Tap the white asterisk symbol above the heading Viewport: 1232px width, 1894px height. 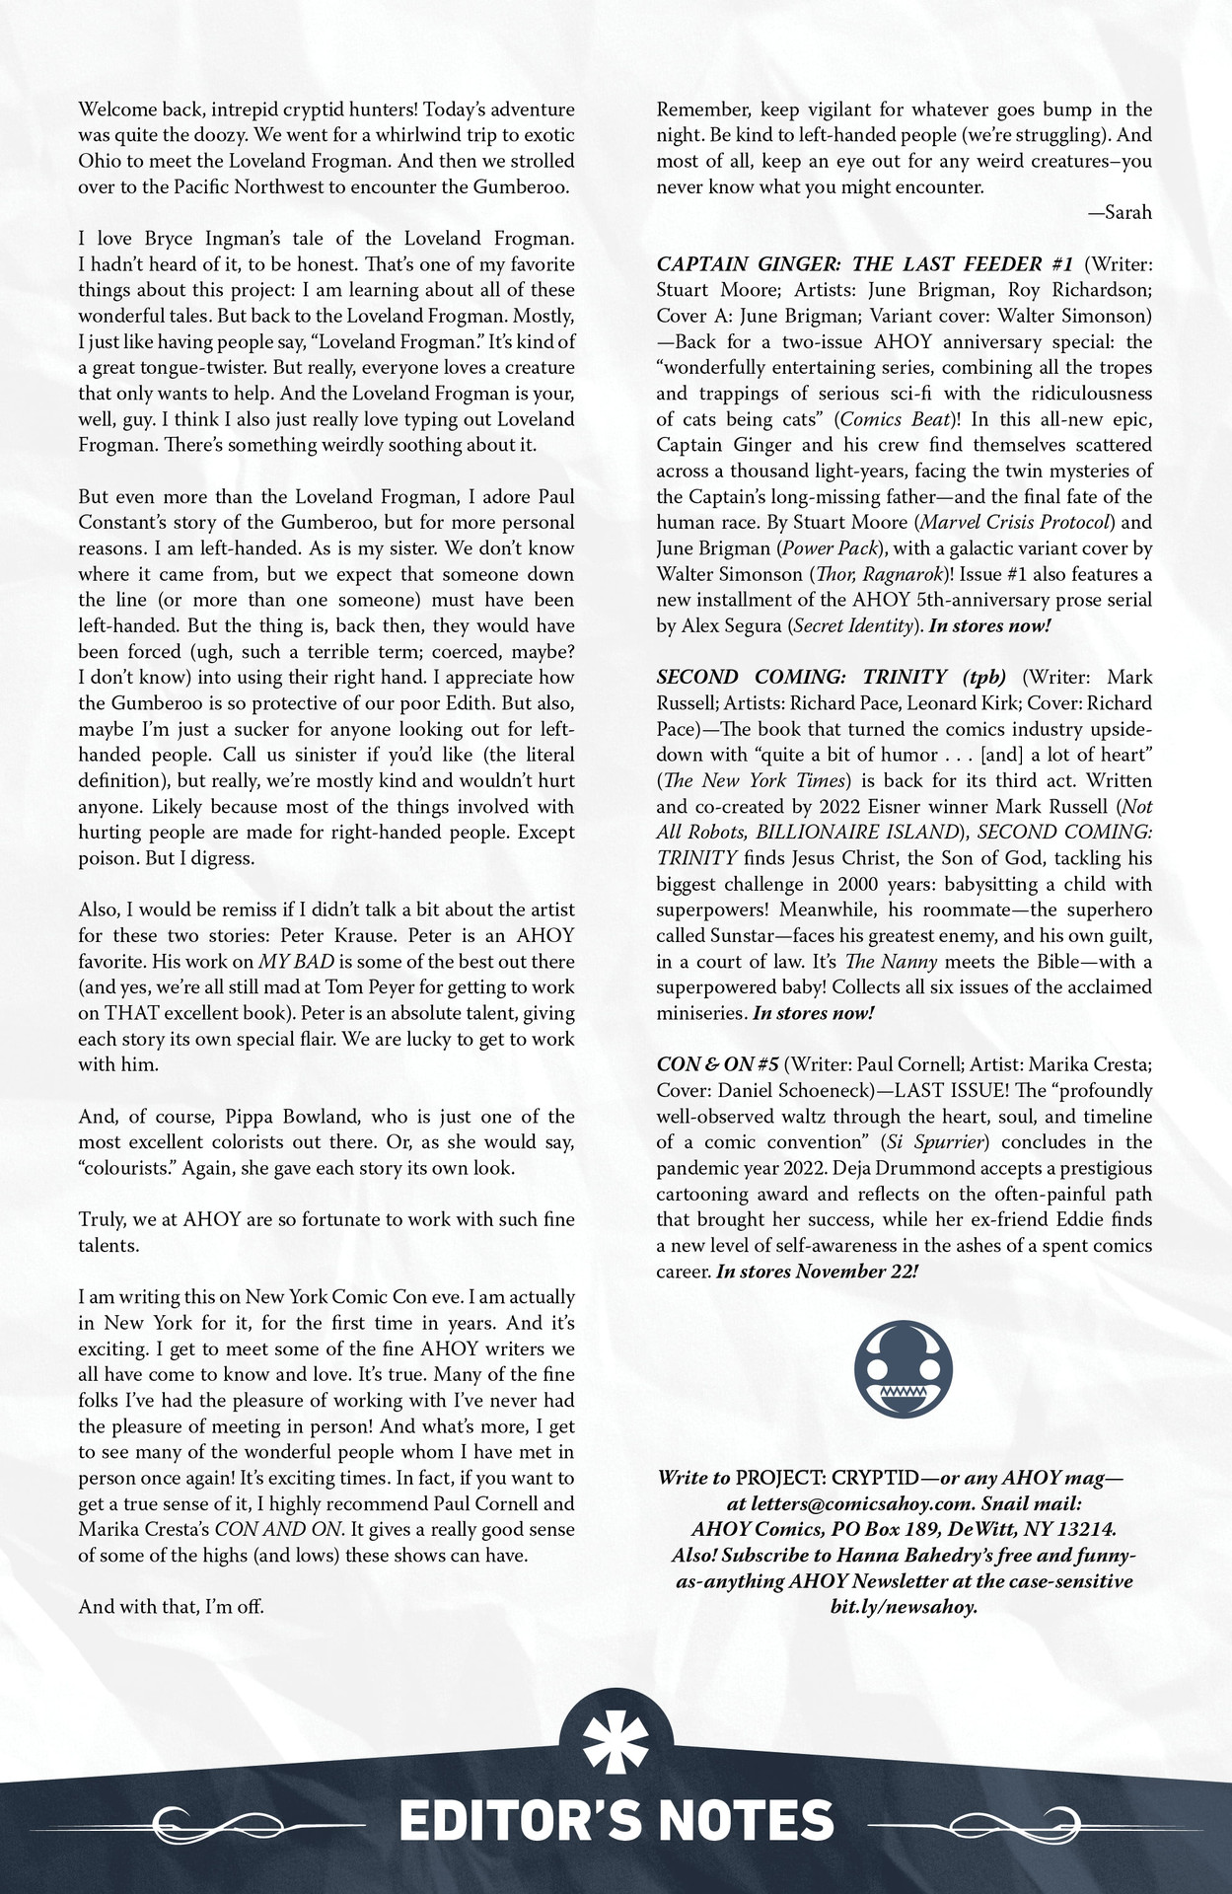(x=616, y=1743)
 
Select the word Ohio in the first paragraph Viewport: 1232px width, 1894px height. (x=99, y=161)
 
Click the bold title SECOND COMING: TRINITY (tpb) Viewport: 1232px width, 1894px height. (x=832, y=678)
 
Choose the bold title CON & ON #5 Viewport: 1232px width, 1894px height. (x=717, y=1065)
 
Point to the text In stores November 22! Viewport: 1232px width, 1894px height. (x=817, y=1272)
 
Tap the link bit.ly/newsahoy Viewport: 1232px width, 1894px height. (x=904, y=1607)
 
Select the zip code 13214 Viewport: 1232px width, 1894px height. (x=1082, y=1530)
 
